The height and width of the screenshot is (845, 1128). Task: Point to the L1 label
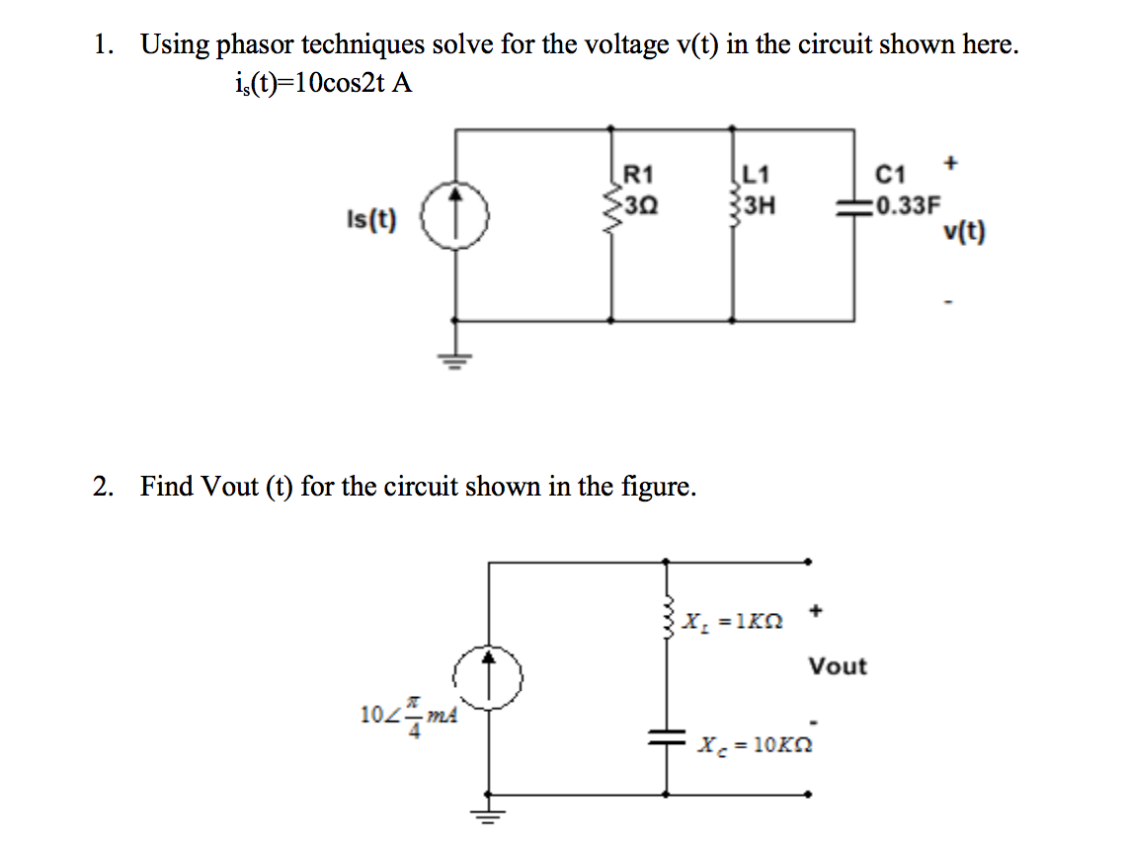(755, 177)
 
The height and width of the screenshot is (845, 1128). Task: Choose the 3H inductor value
(757, 206)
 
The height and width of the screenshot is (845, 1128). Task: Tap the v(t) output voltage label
(964, 232)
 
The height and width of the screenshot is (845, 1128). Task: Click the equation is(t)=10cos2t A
(319, 83)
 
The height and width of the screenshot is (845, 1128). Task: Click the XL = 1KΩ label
(736, 623)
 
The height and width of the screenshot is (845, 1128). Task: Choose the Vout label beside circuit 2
(838, 666)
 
